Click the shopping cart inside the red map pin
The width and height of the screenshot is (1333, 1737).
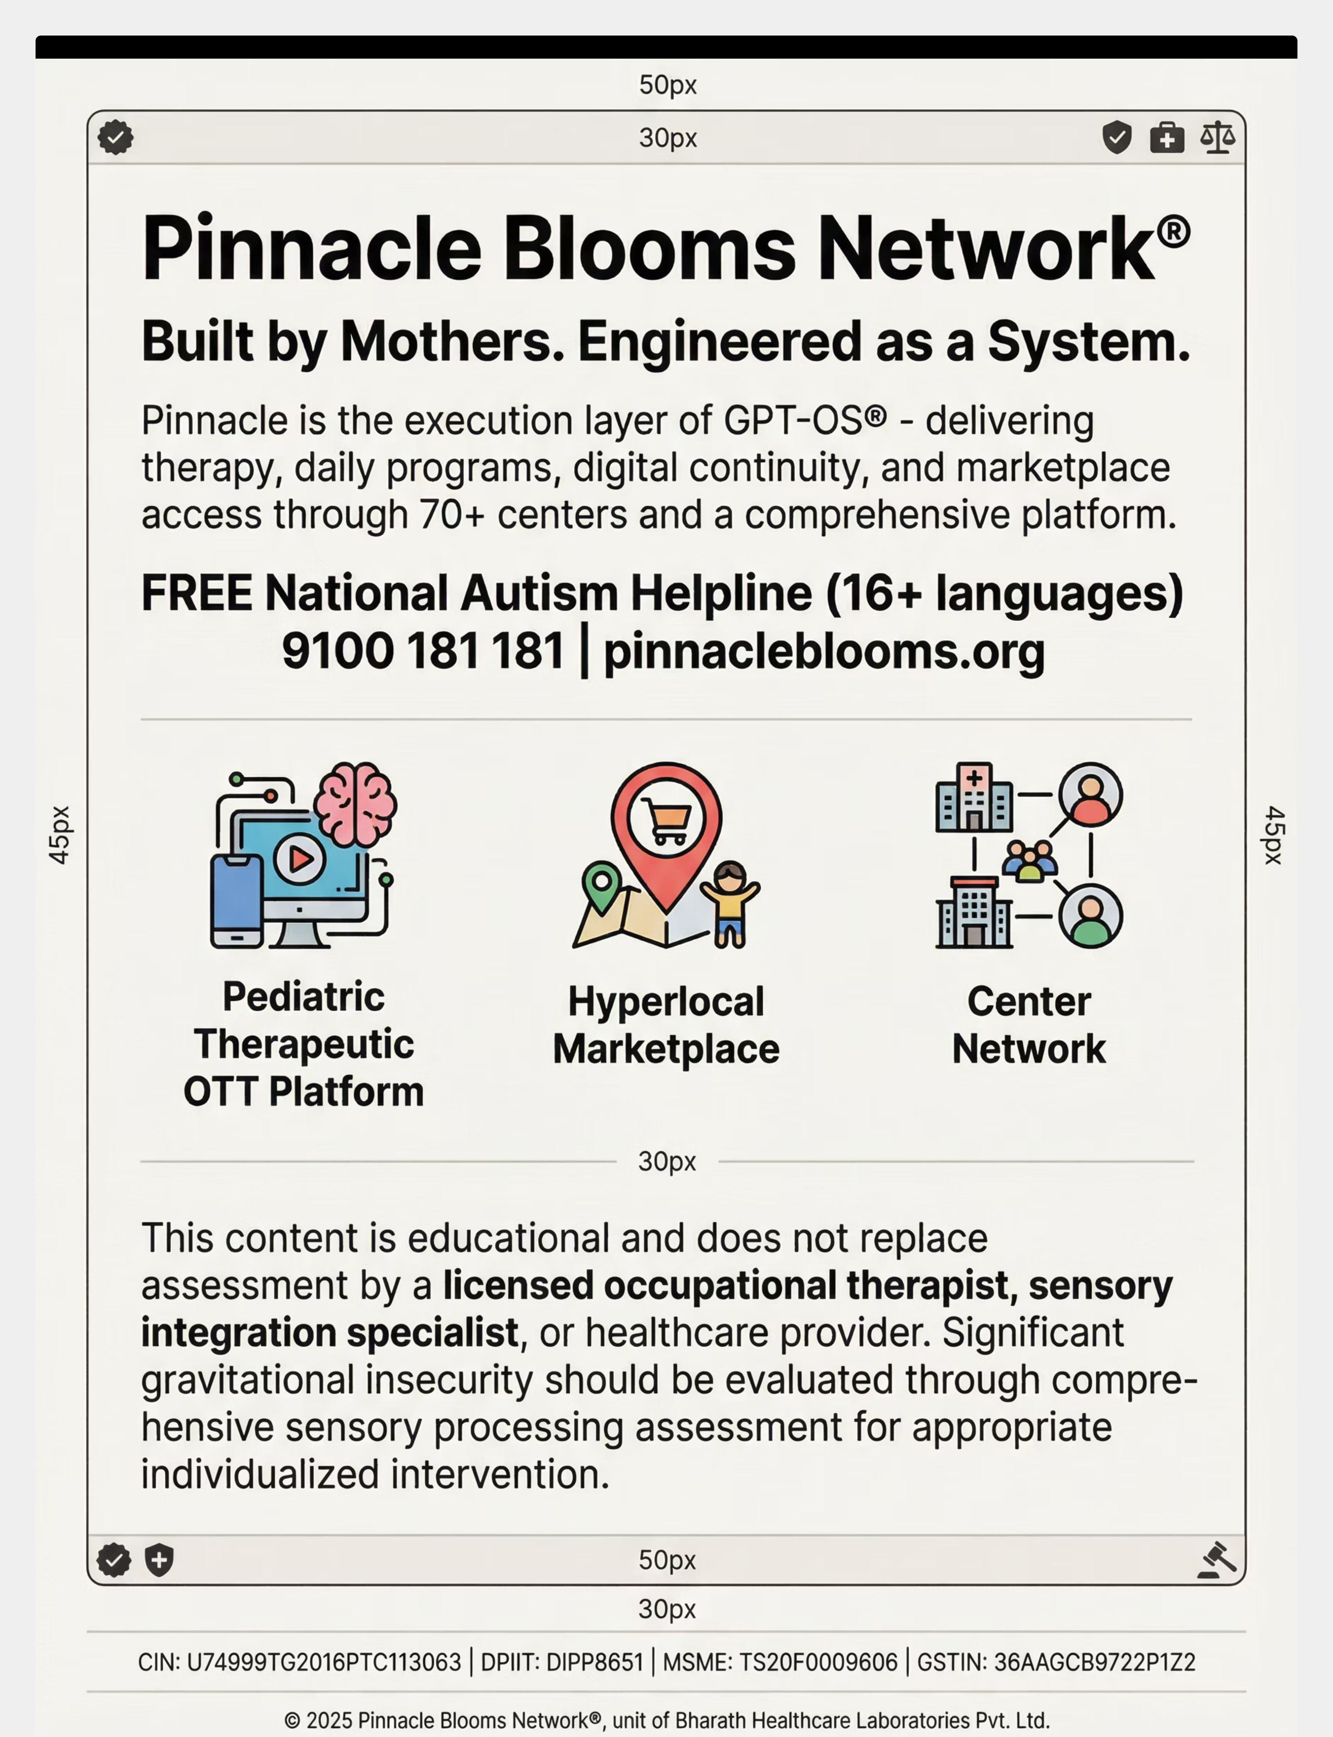coord(666,819)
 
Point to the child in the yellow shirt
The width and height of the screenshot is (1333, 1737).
coord(730,902)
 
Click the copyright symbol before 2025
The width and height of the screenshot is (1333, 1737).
coord(292,1720)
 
